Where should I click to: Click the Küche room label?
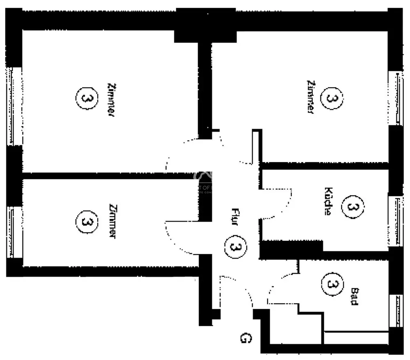tap(328, 202)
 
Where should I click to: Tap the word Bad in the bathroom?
tap(354, 296)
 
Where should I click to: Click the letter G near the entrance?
tap(245, 338)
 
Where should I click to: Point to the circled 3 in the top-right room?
tap(331, 98)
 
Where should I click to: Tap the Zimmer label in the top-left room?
tap(110, 100)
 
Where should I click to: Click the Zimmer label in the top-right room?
tap(310, 97)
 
